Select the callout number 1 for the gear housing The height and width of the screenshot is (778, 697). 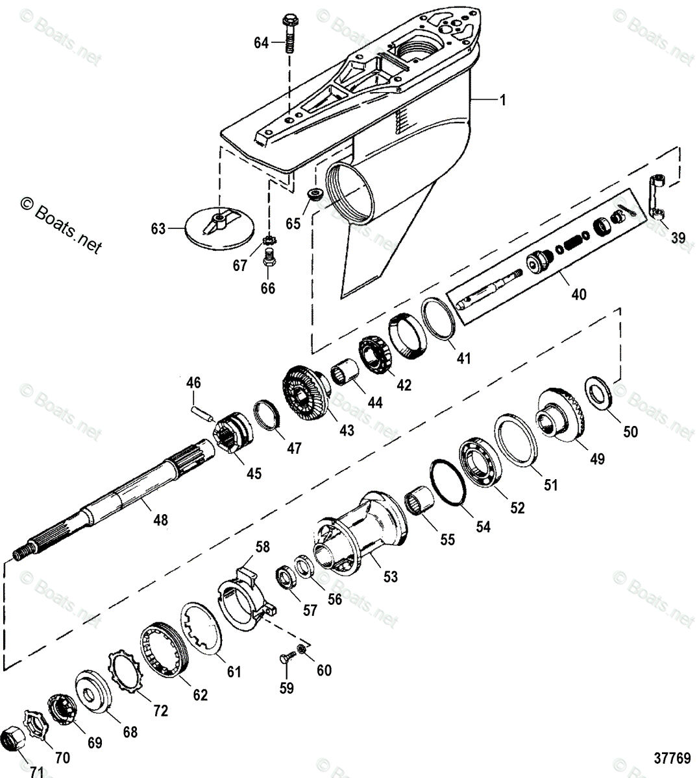503,100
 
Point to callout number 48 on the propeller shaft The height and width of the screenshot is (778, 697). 160,519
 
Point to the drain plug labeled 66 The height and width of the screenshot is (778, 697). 268,263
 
